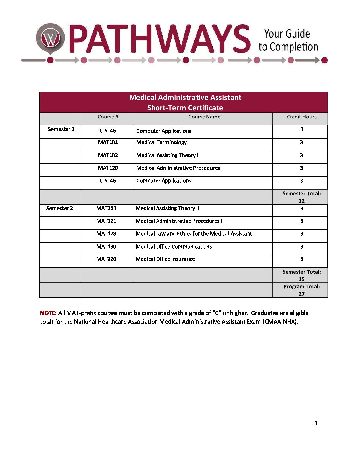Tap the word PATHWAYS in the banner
click(x=160, y=39)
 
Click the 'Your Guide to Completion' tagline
click(x=288, y=40)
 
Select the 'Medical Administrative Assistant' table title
click(x=185, y=97)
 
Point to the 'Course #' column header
click(x=108, y=117)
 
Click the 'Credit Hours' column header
click(x=301, y=117)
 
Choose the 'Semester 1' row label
click(x=61, y=129)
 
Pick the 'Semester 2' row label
click(x=60, y=208)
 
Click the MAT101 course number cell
click(x=108, y=142)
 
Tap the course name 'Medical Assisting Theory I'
click(x=167, y=155)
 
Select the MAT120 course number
click(x=108, y=168)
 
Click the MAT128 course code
click(x=106, y=234)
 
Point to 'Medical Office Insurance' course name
click(x=165, y=259)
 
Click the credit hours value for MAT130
click(x=302, y=247)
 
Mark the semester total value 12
click(x=302, y=201)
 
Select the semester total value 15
click(x=302, y=279)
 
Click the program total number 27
click(x=302, y=294)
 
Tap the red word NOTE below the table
click(x=48, y=313)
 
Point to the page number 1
click(x=316, y=423)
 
